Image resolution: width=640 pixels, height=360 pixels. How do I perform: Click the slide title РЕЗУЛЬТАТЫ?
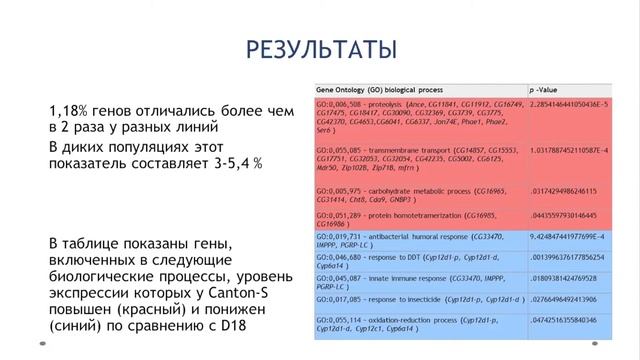pos(320,49)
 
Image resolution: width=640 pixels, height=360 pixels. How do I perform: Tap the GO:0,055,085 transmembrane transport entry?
pos(410,155)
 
